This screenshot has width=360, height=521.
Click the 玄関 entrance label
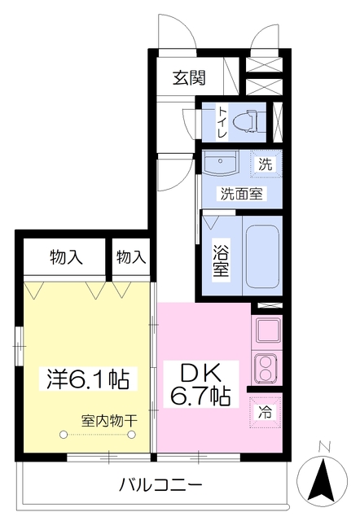point(189,78)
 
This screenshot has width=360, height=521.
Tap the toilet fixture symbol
point(249,121)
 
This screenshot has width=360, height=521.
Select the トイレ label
point(222,122)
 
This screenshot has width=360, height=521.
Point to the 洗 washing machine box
point(266,164)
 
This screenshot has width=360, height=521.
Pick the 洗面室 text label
point(242,194)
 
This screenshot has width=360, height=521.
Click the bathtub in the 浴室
point(262,256)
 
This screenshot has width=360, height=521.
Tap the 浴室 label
point(221,260)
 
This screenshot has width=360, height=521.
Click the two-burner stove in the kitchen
point(266,368)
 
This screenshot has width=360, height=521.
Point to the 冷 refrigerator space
point(266,413)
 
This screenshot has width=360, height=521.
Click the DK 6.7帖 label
point(200,385)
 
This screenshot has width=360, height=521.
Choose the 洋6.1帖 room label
point(88,379)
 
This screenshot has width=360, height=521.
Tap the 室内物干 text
point(109,422)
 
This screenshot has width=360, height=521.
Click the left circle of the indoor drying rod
point(64,434)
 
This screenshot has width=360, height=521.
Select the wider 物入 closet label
point(66,257)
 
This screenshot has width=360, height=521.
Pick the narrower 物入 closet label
point(131,257)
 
